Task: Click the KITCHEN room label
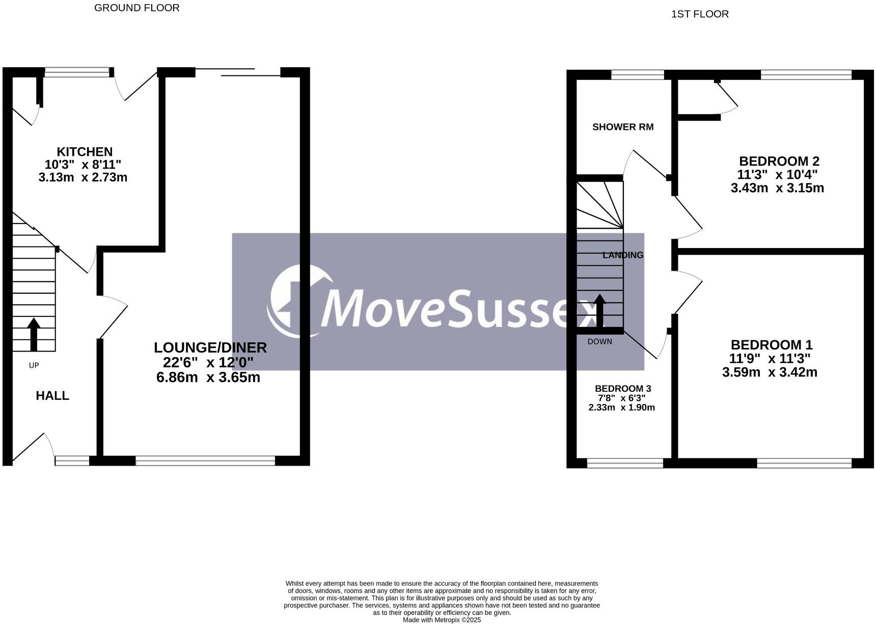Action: [x=85, y=152]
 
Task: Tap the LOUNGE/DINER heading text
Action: [x=210, y=347]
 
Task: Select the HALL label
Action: [x=52, y=396]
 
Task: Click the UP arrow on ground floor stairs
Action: [x=34, y=334]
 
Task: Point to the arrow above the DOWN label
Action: [x=600, y=311]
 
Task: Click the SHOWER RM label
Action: [x=622, y=127]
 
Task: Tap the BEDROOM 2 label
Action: [x=779, y=161]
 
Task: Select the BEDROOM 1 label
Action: [x=771, y=345]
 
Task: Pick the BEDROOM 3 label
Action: [x=622, y=389]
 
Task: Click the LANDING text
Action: [x=622, y=255]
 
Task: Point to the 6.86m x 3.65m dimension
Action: [x=208, y=377]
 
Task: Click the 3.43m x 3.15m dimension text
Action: [x=777, y=188]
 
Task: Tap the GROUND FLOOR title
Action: [x=136, y=8]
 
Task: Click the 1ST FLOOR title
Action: [x=699, y=14]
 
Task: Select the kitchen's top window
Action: [x=77, y=73]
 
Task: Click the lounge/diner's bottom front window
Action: [x=205, y=461]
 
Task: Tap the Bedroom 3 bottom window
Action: [x=625, y=463]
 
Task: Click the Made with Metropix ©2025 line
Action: [x=442, y=620]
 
